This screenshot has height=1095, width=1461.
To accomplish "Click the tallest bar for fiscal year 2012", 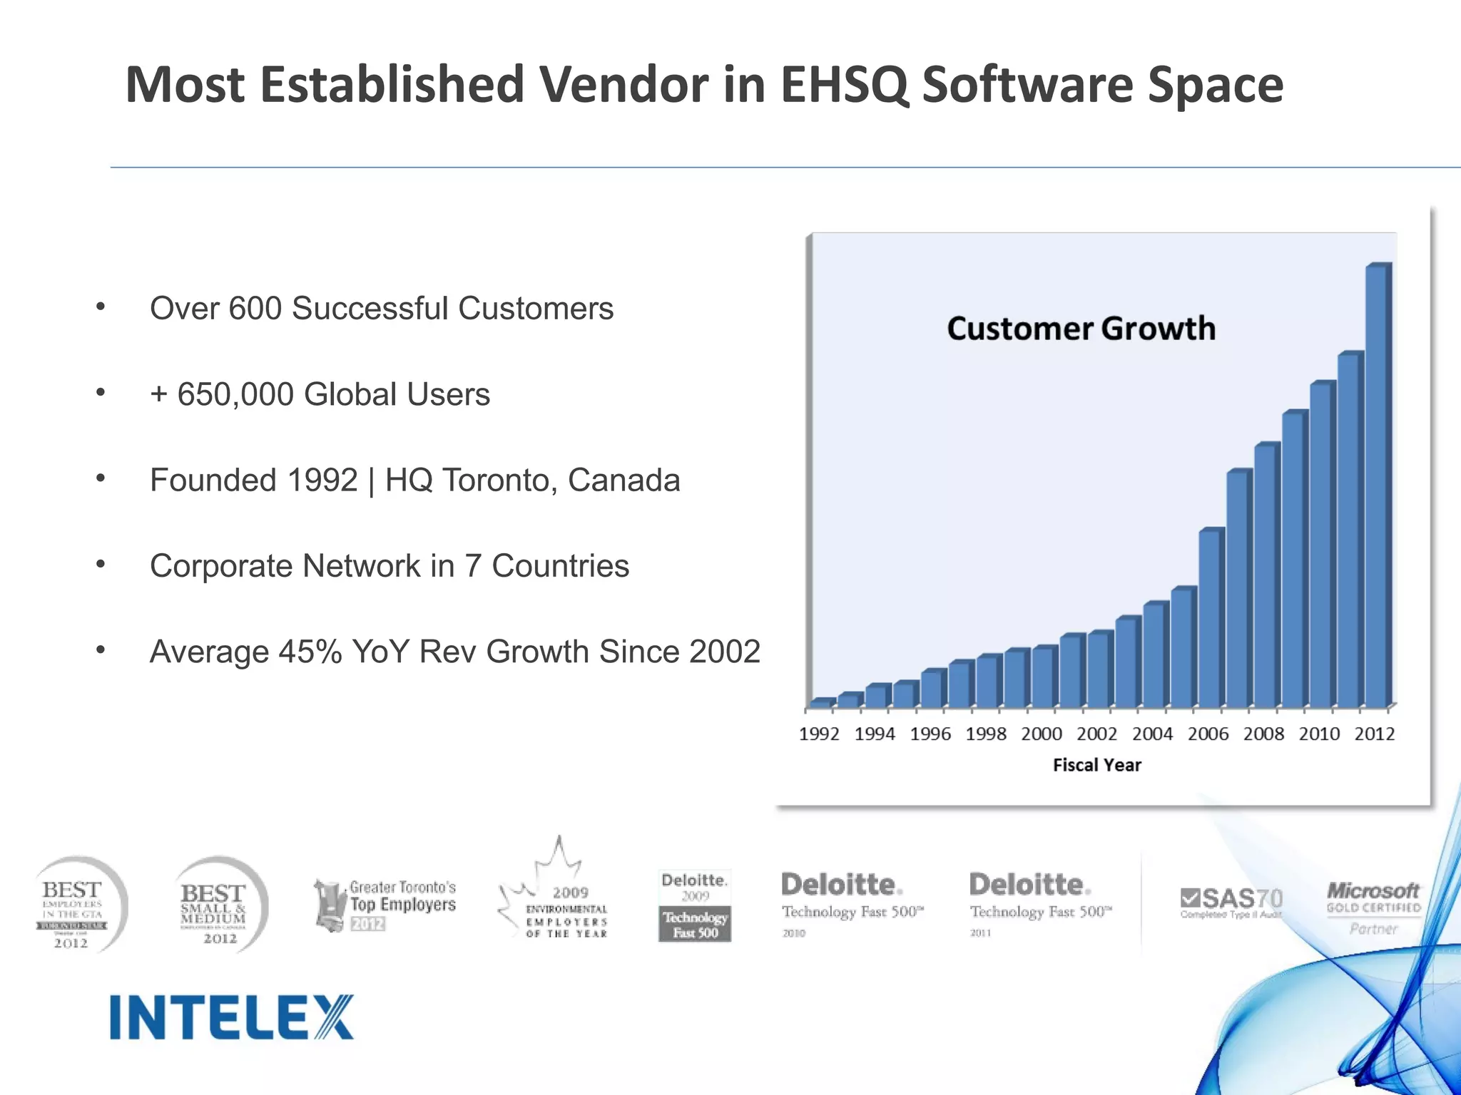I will point(1376,485).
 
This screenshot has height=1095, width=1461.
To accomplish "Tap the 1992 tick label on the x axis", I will point(819,734).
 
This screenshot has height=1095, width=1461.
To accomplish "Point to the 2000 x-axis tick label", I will point(1042,734).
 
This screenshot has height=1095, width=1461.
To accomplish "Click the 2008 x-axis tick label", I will point(1263,734).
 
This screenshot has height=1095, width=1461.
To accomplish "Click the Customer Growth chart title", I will point(1081,329).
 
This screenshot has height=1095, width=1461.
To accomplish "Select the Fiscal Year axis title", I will point(1097,765).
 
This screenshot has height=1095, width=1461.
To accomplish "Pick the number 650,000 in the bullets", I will point(235,394).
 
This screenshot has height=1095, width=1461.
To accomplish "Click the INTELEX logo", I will point(232,1017).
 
